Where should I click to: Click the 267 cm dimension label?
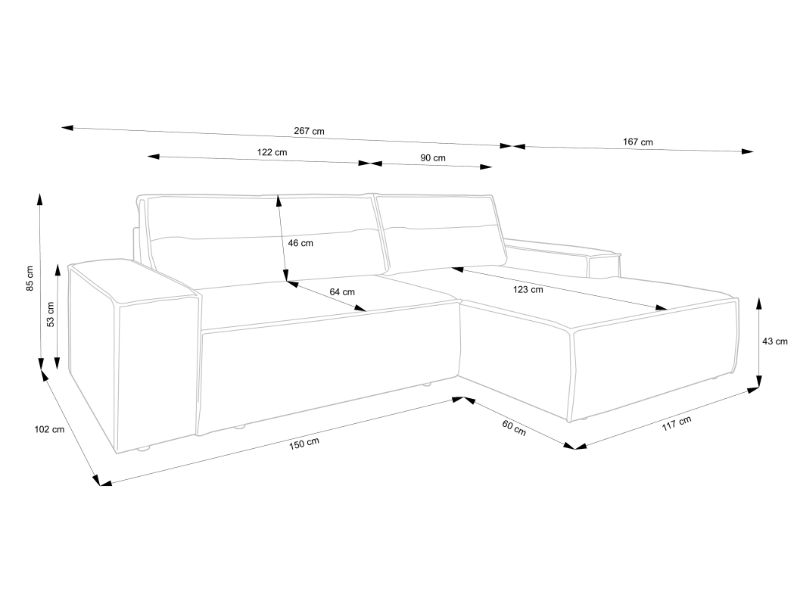click(309, 131)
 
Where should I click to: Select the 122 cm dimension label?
click(272, 152)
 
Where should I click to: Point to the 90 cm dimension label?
click(433, 157)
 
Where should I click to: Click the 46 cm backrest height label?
click(300, 243)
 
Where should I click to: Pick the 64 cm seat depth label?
click(342, 291)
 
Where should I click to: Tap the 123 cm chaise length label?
click(528, 289)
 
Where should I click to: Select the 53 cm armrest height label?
click(51, 313)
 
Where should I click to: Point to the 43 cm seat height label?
click(775, 341)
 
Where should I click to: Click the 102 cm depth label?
click(49, 429)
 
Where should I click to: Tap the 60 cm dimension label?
click(514, 428)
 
